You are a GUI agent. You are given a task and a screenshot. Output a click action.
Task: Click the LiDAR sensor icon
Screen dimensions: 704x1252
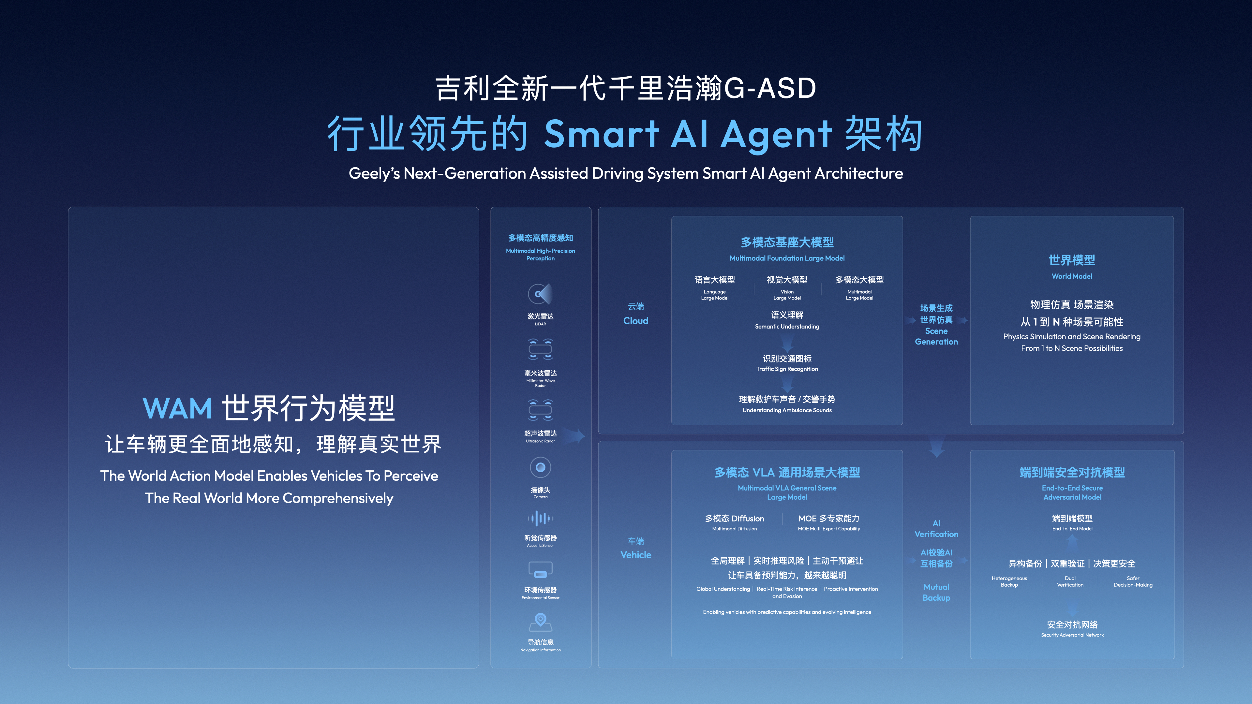[540, 294]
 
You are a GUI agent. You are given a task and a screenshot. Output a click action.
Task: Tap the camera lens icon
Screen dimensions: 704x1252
[540, 467]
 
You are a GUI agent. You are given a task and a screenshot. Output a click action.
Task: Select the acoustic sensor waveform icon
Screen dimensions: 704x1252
[540, 519]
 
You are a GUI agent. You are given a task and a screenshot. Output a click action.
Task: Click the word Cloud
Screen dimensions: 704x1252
[636, 321]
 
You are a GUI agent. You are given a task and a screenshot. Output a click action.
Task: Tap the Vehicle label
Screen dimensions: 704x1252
[636, 555]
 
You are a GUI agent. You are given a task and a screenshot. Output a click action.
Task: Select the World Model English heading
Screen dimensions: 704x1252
[1072, 276]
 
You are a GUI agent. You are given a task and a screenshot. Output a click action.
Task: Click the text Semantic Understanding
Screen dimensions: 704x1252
[787, 327]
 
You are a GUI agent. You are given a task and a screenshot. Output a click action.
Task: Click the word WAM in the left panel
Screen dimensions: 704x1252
[177, 409]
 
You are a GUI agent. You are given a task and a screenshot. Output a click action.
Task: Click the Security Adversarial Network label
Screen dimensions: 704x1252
[1072, 635]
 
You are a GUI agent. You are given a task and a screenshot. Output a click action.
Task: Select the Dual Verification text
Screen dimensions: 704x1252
[1070, 581]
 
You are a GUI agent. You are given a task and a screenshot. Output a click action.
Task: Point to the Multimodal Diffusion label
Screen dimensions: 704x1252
[734, 529]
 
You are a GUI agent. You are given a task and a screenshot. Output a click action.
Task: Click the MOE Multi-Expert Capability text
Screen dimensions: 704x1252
[829, 529]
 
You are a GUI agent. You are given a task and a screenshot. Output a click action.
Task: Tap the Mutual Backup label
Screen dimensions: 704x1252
[936, 592]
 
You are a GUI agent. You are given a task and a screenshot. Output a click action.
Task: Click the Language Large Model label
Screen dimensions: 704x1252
[714, 295]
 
